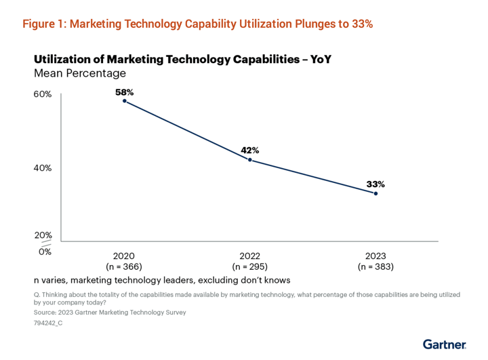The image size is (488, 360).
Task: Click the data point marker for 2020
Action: (x=125, y=101)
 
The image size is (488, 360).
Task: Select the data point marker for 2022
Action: (x=250, y=160)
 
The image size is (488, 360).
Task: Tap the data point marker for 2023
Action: (x=375, y=193)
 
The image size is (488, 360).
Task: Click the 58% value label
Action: (x=125, y=91)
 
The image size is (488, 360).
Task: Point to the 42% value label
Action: (x=250, y=150)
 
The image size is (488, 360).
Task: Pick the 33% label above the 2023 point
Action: (x=375, y=183)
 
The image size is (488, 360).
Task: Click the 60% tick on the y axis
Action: (x=43, y=94)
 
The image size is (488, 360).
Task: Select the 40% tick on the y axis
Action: (x=43, y=168)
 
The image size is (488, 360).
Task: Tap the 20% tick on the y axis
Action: (x=43, y=235)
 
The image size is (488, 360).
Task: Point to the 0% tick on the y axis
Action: (x=45, y=252)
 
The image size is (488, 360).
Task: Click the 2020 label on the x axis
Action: (x=125, y=256)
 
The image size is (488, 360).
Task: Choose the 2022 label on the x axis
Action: (x=250, y=256)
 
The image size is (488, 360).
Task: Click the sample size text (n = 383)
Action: (x=375, y=266)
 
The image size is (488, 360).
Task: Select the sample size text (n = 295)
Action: (x=250, y=266)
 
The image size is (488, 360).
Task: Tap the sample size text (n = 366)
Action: (x=125, y=266)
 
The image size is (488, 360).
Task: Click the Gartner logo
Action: (x=444, y=344)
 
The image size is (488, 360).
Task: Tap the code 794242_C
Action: (x=48, y=323)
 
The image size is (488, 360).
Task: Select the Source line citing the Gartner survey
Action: (x=109, y=313)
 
